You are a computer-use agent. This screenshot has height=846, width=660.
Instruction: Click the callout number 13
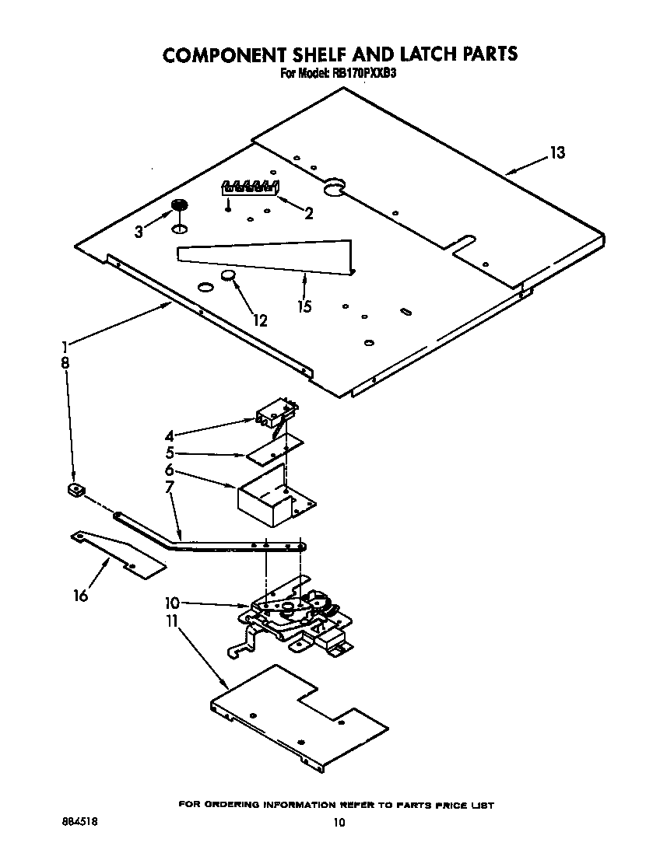pos(556,153)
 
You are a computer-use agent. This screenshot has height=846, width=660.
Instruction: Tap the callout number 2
pos(309,213)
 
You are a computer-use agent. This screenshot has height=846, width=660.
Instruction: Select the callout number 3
pos(139,232)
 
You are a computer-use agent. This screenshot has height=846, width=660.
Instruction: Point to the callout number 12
pos(260,320)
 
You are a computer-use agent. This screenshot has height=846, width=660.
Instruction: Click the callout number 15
pos(304,306)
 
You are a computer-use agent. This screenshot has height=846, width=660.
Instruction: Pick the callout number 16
pos(81,596)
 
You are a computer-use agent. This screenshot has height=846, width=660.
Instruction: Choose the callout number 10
pos(172,603)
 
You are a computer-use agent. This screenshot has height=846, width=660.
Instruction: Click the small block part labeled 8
pos(75,489)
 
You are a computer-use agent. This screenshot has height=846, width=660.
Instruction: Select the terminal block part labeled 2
pos(251,187)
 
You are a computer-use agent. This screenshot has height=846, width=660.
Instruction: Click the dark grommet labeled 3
pos(180,205)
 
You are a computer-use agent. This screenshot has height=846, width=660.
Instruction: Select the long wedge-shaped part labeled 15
pos(265,256)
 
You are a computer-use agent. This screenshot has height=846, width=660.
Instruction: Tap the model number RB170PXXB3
pos(367,75)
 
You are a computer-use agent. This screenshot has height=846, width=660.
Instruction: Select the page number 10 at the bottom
pos(337,822)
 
